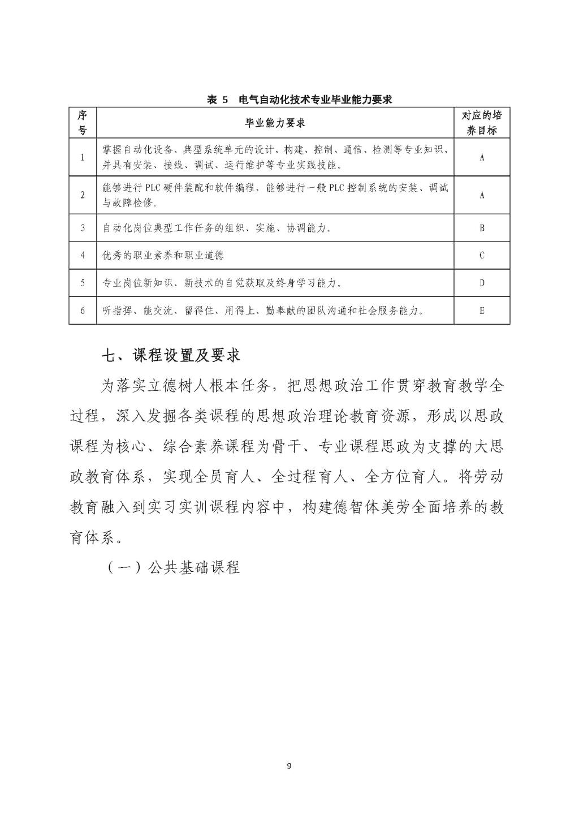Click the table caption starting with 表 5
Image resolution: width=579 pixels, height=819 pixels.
pos(299,100)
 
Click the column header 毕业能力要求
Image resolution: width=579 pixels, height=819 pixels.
pos(275,123)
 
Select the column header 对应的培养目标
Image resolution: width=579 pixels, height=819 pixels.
pos(482,123)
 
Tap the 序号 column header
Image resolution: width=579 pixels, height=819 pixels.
pos(83,123)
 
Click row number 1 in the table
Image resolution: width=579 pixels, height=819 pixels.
pos(83,157)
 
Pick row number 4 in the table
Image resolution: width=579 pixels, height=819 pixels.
pos(83,255)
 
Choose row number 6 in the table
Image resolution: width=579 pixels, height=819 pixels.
pos(83,311)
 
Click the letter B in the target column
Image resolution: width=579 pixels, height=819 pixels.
pos(482,228)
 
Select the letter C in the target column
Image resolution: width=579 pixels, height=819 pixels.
pos(482,255)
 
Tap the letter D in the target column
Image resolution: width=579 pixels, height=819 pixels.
pos(482,283)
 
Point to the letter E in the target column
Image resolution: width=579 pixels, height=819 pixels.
pos(482,311)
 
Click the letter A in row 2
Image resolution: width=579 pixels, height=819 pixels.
pos(482,195)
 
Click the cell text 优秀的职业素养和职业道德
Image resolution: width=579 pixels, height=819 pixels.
pos(163,255)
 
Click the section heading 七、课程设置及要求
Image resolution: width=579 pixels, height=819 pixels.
pos(171,355)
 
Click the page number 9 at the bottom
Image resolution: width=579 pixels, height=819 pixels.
pos(289,766)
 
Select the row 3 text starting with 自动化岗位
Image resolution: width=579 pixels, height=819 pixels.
pos(217,228)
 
